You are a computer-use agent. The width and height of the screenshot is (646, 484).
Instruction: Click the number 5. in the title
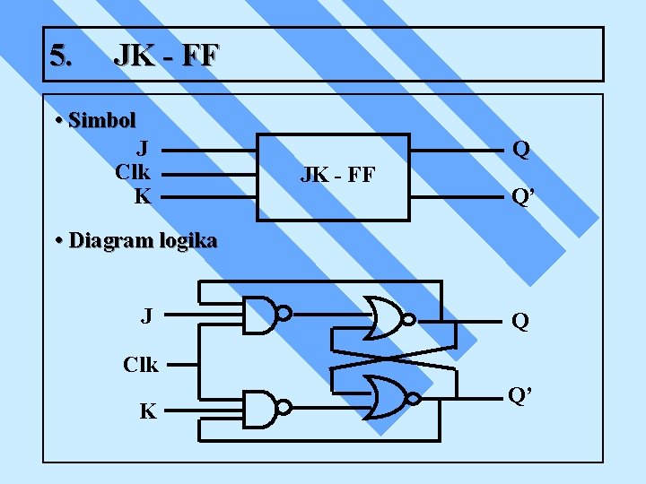[x=62, y=56]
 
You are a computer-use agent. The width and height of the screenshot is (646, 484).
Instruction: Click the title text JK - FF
[x=165, y=56]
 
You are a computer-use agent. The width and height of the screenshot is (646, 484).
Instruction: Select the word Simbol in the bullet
[x=101, y=120]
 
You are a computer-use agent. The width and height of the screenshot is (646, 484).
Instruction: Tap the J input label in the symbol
[x=143, y=147]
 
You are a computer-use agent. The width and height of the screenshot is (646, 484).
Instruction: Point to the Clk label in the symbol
[x=133, y=171]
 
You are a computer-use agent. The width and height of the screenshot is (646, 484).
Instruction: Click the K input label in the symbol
[x=143, y=195]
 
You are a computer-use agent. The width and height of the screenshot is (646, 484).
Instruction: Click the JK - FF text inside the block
[x=337, y=175]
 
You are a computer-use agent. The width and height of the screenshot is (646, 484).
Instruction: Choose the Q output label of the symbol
[x=521, y=149]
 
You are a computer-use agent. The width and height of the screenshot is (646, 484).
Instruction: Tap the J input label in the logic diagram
[x=146, y=315]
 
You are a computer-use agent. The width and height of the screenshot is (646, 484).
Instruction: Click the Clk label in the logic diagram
[x=140, y=365]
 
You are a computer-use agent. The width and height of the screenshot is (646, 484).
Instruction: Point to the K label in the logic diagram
[x=147, y=412]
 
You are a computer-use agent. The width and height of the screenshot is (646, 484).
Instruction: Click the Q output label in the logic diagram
[x=519, y=321]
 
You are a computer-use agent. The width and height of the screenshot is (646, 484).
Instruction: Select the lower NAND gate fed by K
[x=261, y=408]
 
